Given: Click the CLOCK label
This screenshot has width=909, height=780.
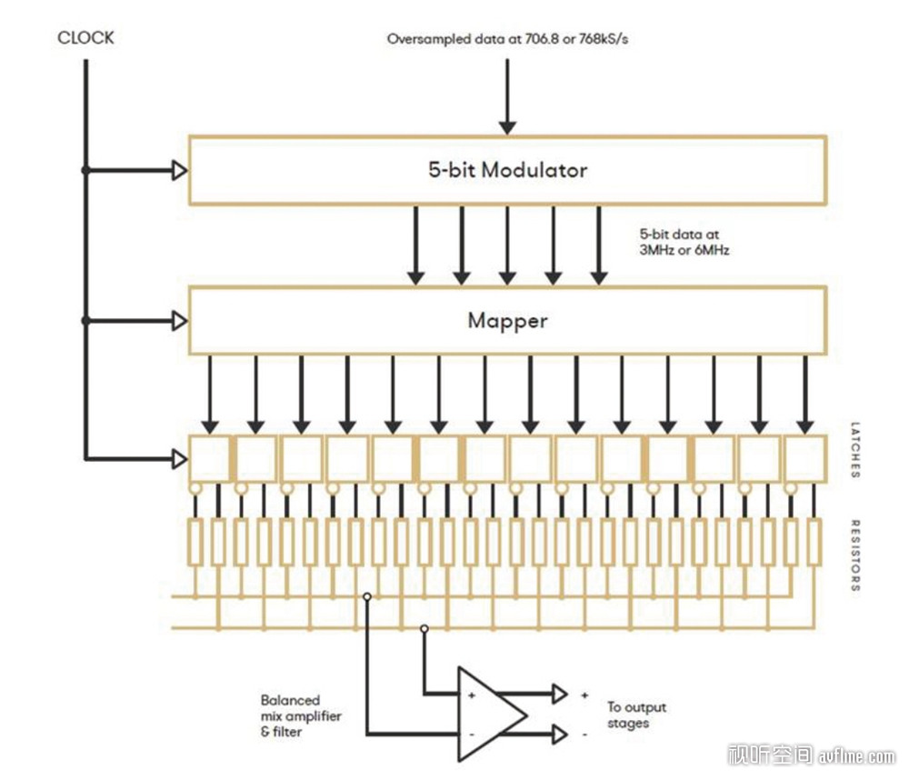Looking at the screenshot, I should coord(85,38).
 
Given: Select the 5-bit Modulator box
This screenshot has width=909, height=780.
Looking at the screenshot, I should coord(507,170).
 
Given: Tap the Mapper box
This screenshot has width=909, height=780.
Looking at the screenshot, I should coord(507,321).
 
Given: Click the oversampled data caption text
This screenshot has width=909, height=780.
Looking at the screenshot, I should coord(506,39).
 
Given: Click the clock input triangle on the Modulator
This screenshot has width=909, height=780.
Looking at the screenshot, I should coord(180,170).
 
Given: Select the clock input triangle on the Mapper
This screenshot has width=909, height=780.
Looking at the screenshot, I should coord(180,321).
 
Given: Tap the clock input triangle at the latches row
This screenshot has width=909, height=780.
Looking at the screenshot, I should coord(180,459).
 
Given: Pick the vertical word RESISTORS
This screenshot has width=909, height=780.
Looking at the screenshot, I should coord(855,555).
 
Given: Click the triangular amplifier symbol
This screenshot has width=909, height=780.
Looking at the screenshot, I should coord(489,714).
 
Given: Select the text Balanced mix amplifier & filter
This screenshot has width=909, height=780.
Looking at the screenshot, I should coord(301,715).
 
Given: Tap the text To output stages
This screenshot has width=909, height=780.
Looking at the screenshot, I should coord(636,715).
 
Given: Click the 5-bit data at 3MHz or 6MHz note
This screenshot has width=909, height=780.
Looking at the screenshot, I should coord(684,241).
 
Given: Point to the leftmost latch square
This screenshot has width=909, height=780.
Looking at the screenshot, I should coord(210,459).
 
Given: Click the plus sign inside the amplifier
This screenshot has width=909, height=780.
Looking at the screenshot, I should coord(471,695).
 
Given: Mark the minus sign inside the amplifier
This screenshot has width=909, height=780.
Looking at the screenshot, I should coord(471,732).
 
